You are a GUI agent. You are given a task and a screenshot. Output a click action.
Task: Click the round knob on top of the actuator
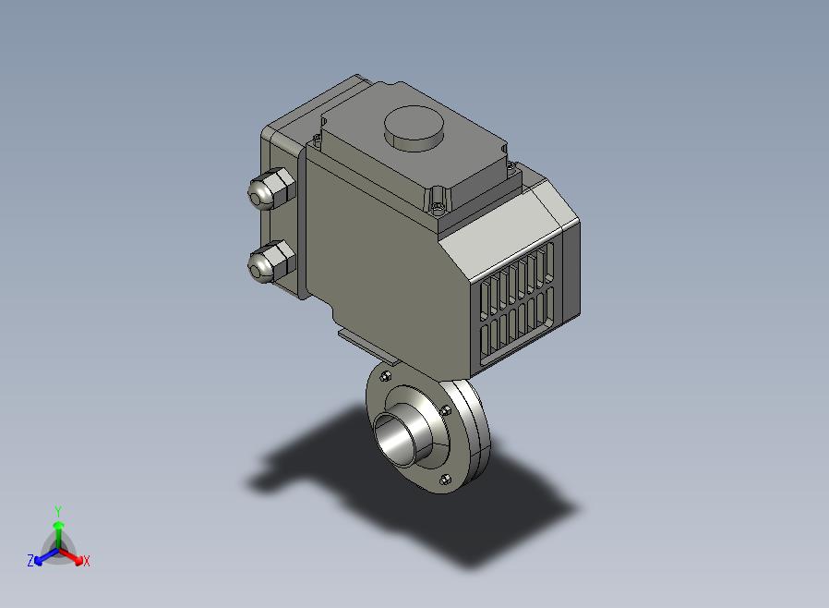coord(414,128)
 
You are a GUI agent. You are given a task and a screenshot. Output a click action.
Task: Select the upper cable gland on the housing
coord(270,188)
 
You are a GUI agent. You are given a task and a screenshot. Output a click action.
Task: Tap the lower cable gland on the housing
coord(270,261)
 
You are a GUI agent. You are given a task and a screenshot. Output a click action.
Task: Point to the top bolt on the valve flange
coord(386,376)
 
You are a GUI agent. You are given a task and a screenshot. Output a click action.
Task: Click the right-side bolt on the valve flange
coord(446,410)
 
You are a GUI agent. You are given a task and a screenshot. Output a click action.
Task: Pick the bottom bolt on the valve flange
coord(445,480)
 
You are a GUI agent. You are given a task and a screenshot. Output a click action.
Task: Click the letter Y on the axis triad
coord(58,511)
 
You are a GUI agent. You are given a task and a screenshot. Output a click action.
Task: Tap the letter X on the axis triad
coord(87,561)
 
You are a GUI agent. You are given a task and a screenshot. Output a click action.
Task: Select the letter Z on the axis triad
coord(30,560)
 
